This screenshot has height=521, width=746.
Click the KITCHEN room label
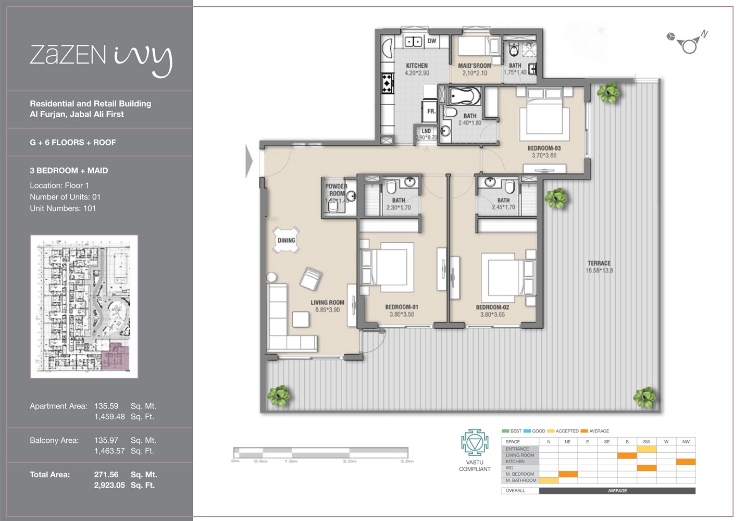point(416,66)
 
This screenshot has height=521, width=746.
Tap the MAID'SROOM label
point(474,66)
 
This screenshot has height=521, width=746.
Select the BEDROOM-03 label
point(544,148)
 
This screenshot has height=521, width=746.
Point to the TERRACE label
point(599,263)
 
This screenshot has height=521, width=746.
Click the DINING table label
point(287,240)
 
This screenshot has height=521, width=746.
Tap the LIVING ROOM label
point(327,302)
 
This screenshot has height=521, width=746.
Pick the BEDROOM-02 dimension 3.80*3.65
point(492,314)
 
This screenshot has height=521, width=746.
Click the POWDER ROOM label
point(337,190)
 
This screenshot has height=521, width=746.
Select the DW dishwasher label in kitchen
point(431,41)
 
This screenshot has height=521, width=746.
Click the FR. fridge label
point(431,111)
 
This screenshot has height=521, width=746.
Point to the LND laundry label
point(426,131)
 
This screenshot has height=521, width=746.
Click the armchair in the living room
point(310,279)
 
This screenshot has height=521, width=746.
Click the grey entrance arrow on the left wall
point(249,161)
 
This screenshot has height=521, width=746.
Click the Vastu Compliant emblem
point(474,443)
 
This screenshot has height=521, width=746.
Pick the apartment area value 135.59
point(106,406)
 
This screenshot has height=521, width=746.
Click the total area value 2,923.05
point(109,485)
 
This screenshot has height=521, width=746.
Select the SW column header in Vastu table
point(646,442)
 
